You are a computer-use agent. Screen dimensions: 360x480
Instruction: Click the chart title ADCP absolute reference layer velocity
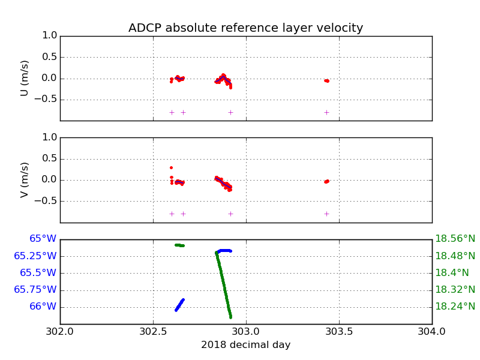tap(245, 28)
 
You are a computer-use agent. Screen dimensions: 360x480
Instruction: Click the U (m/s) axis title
tap(25, 78)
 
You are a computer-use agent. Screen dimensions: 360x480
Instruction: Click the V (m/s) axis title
tap(25, 179)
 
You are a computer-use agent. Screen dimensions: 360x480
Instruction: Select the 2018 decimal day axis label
tap(245, 345)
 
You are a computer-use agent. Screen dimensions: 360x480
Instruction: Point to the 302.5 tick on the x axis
tap(153, 331)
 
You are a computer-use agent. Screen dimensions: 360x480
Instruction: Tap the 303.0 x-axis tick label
tap(246, 331)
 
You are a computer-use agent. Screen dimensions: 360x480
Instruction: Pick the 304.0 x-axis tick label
tap(431, 331)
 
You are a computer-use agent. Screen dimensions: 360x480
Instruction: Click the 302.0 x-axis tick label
tap(60, 331)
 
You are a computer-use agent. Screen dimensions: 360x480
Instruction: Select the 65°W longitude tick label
tap(43, 239)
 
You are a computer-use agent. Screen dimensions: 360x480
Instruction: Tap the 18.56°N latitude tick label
tap(455, 239)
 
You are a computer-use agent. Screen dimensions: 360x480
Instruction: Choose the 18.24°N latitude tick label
tap(455, 307)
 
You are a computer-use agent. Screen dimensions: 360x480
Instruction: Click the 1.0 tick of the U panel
tap(50, 36)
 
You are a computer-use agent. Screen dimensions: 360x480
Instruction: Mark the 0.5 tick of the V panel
tap(50, 159)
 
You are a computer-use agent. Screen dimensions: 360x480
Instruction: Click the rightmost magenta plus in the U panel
tap(326, 112)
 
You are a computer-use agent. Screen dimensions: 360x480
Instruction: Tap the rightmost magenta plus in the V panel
tap(326, 214)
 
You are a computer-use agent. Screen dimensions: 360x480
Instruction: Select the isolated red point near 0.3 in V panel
tap(171, 167)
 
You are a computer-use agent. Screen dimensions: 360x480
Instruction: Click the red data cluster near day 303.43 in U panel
tap(326, 80)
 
